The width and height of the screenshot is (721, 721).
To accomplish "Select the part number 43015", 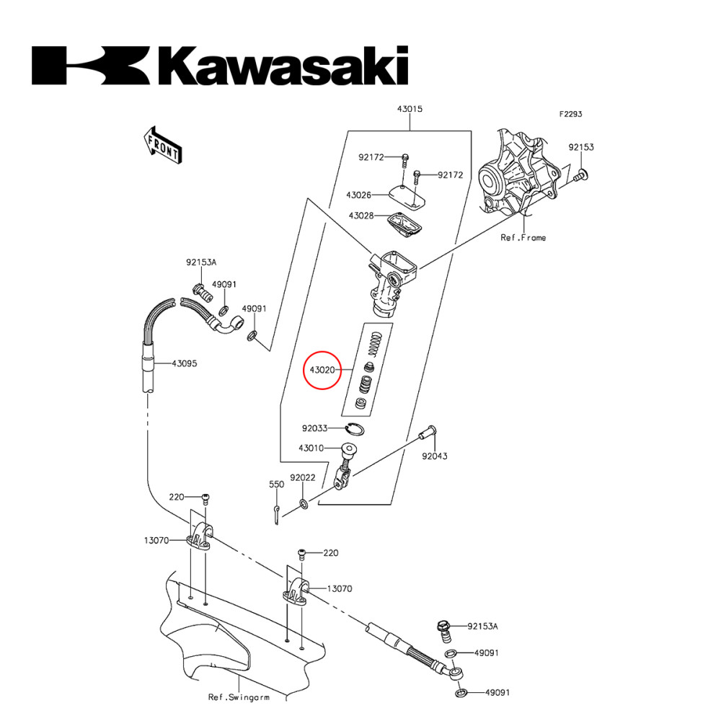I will point(410,110).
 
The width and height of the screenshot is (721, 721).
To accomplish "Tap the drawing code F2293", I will point(570,114).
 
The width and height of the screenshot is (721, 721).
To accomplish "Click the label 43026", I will point(358,195).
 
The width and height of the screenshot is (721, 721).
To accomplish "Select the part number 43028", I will point(360,216).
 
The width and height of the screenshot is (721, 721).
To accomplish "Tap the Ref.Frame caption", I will point(523,237).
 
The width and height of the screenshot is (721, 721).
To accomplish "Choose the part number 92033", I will point(314,428).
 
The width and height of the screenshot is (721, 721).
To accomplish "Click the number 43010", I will point(311,448).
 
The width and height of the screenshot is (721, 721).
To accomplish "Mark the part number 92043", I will point(434,456).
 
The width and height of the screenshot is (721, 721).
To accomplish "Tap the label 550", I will point(276,485).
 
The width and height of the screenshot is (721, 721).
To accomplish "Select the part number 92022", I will point(303,477).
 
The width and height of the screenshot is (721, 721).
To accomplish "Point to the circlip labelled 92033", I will point(353,429).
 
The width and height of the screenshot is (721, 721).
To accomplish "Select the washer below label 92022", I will point(304,502).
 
